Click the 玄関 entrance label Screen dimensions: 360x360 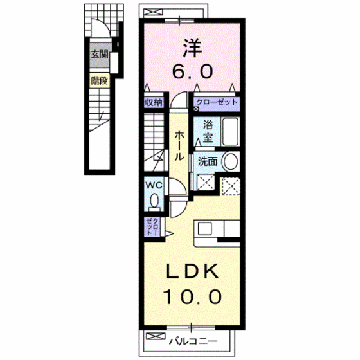[x=98, y=55]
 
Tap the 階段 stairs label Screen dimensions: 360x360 [x=98, y=81]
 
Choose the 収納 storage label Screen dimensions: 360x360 [x=152, y=102]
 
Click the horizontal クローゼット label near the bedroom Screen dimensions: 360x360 [x=217, y=102]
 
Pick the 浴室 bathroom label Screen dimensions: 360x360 [x=208, y=132]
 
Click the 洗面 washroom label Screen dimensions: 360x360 [x=206, y=161]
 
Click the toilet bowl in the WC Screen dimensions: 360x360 [x=154, y=202]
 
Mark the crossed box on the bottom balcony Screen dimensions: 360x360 [x=153, y=337]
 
